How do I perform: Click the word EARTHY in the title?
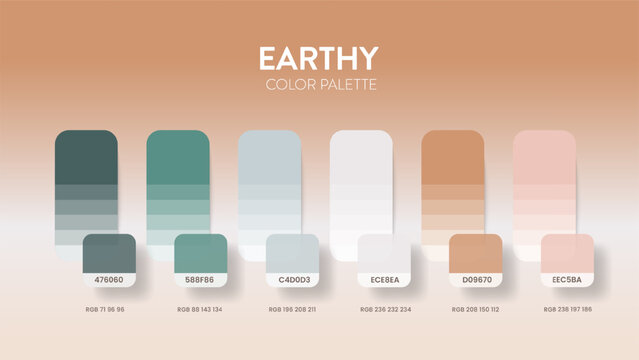tap(318, 58)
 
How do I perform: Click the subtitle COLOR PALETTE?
tap(320, 84)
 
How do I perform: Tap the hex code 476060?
tap(109, 280)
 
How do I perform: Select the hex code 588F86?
tap(201, 280)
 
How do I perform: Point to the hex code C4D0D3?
tap(293, 280)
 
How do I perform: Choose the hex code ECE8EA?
tap(385, 280)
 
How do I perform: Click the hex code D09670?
tap(476, 280)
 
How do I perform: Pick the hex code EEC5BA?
tap(568, 280)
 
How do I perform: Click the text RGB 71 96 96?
tap(109, 310)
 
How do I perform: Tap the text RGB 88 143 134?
tap(201, 310)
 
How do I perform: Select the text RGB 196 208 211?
tap(293, 310)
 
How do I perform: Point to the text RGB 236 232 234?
tap(385, 310)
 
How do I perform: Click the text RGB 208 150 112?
tap(476, 310)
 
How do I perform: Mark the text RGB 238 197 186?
tap(568, 310)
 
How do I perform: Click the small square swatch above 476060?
tap(109, 253)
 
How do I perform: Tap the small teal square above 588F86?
tap(201, 253)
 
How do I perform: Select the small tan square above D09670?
tap(476, 253)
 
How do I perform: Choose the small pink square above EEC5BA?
tap(568, 253)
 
